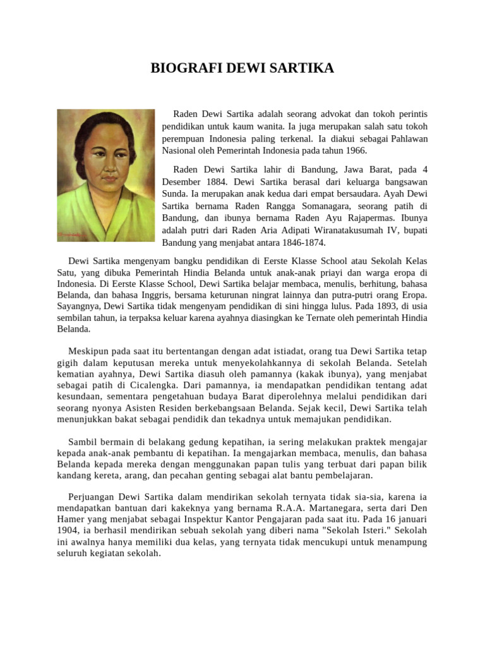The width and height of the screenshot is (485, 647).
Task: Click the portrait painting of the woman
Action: click(106, 175)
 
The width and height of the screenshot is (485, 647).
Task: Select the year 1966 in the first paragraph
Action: click(354, 151)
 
